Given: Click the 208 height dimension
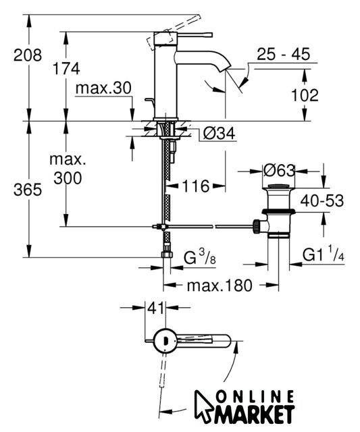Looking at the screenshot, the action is coord(28,55).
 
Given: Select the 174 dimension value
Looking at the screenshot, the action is coord(66,69).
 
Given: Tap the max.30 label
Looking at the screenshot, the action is coord(103,88).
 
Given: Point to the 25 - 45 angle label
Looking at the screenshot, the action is coord(284,54).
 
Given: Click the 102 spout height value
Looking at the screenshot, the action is coord(305,95).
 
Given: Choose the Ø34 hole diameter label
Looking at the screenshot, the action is coord(219,134).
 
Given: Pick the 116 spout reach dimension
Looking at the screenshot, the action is coord(196,186).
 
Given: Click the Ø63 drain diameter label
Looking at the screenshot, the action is coord(279,171).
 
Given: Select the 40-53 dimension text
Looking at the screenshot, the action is coord(322,200).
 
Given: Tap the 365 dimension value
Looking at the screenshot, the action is coord(28,190).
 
